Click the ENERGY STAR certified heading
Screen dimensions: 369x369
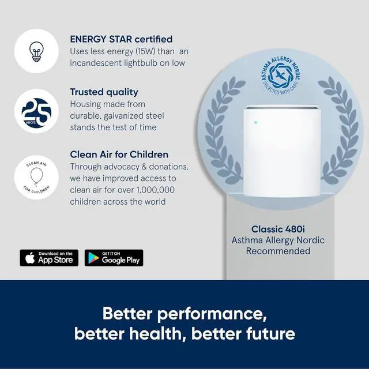click(x=121, y=39)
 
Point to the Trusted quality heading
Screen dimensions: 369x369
click(x=104, y=92)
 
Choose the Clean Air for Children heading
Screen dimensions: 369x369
click(x=119, y=155)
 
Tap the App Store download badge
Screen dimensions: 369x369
click(x=49, y=258)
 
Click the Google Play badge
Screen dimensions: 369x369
click(x=114, y=258)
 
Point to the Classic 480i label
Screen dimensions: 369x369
click(x=278, y=228)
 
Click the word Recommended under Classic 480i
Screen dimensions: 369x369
click(x=278, y=251)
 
